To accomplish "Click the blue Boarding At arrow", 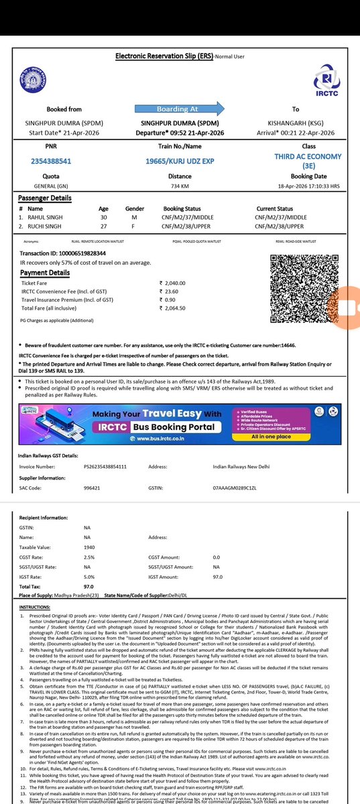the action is pyautogui.click(x=177, y=109).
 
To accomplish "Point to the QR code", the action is pyautogui.click(x=299, y=290).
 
